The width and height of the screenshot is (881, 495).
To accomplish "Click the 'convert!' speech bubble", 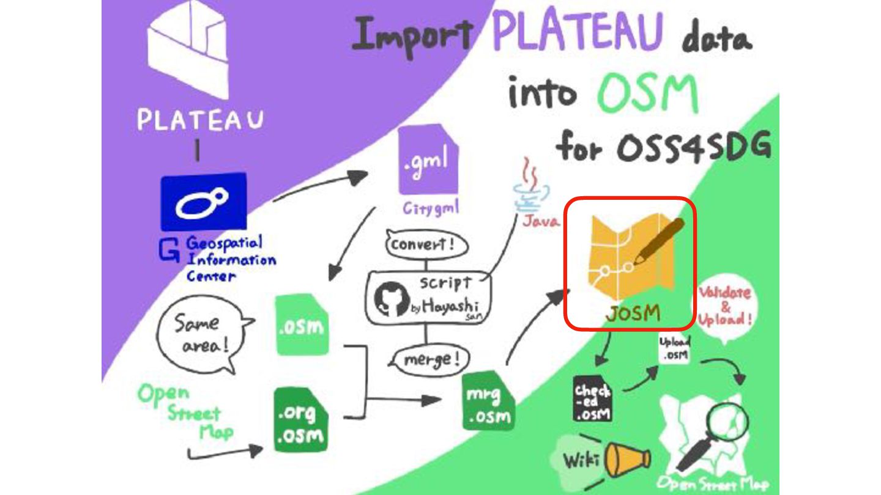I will (426, 245).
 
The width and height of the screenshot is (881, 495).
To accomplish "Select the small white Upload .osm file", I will (675, 348).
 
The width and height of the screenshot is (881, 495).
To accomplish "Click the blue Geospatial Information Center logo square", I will (203, 202).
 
